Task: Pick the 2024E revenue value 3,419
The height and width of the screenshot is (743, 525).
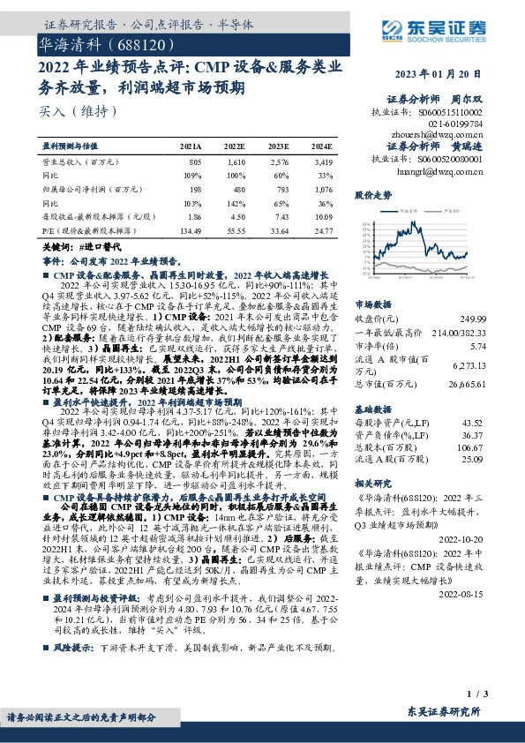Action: (323, 164)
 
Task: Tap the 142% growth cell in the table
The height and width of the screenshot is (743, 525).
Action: (235, 203)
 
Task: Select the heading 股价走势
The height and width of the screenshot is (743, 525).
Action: (372, 193)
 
